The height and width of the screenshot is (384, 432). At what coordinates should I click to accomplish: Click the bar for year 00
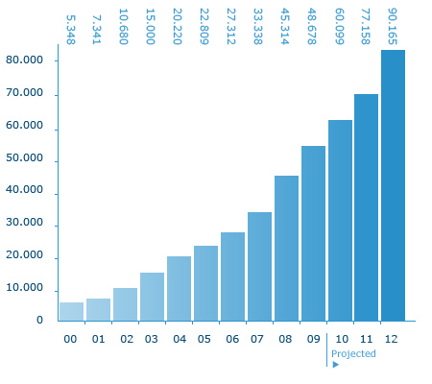[x=71, y=311]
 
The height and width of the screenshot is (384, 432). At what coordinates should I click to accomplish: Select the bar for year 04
[x=179, y=288]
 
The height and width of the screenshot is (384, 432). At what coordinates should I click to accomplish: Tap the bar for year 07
[x=259, y=266]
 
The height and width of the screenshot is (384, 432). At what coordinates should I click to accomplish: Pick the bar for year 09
[x=313, y=233]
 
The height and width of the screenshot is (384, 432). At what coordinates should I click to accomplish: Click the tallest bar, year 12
[x=393, y=185]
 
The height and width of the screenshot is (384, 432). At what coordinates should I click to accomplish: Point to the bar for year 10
[x=340, y=220]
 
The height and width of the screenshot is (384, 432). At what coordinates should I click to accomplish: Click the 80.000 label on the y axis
[x=24, y=60]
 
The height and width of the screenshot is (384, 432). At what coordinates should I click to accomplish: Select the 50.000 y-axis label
[x=24, y=157]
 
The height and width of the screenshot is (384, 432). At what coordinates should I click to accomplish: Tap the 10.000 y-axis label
[x=24, y=287]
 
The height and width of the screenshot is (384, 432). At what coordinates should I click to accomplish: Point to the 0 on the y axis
[x=39, y=320]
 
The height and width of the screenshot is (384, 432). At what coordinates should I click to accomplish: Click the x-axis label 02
[x=127, y=339]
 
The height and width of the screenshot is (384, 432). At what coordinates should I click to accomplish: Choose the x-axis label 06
[x=232, y=339]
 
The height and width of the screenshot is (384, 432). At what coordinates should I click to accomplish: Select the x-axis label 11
[x=367, y=339]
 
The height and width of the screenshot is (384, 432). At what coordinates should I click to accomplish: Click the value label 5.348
[x=71, y=30]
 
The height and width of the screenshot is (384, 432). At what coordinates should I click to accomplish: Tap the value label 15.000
[x=151, y=27]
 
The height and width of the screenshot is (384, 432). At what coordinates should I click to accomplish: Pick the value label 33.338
[x=258, y=27]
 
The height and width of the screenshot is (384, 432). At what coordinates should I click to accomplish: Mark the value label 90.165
[x=393, y=27]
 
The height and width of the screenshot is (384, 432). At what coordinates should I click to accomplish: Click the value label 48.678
[x=312, y=27]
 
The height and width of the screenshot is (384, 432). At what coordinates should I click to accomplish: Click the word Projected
[x=353, y=353]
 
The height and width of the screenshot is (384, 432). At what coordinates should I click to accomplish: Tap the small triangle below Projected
[x=335, y=365]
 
